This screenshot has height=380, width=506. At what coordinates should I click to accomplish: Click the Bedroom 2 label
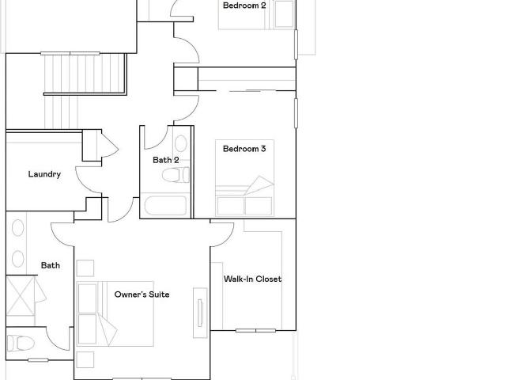click(244, 6)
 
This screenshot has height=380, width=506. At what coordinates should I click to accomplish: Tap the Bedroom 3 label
click(244, 149)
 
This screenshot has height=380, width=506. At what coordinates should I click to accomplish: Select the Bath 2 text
click(165, 160)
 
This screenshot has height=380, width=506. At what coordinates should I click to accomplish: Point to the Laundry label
click(44, 174)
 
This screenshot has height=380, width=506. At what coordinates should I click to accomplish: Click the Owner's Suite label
click(142, 294)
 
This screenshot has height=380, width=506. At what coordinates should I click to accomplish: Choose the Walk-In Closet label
click(253, 279)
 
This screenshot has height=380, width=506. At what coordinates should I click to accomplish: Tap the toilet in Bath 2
click(176, 175)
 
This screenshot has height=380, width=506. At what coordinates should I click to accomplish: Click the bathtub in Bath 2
click(165, 206)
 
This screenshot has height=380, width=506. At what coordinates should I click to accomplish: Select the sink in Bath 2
click(181, 143)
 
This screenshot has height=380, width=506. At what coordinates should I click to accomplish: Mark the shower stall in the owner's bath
click(21, 295)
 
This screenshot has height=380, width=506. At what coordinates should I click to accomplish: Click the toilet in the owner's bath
click(21, 343)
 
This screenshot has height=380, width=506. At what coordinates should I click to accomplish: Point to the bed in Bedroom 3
click(244, 177)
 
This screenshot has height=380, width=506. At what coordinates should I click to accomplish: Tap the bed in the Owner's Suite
click(115, 313)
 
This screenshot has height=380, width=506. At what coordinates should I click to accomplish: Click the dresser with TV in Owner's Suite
click(200, 313)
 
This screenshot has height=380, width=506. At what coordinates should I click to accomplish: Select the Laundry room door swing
click(88, 180)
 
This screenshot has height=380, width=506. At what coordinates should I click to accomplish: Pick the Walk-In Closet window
click(255, 331)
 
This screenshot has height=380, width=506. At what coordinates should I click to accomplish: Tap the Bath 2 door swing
click(156, 138)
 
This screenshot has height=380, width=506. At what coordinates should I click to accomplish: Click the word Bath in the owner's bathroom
click(51, 266)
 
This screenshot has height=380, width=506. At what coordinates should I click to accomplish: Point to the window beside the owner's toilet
click(38, 360)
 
